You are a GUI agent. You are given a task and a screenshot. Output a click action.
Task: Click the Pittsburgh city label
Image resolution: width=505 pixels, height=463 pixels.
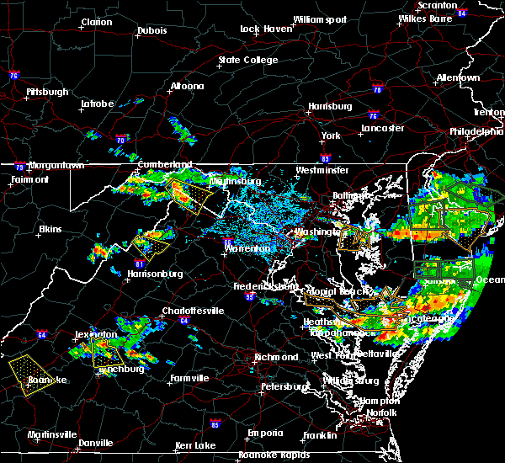[47, 92]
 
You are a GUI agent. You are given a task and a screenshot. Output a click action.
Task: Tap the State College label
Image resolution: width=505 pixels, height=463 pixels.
[247, 61]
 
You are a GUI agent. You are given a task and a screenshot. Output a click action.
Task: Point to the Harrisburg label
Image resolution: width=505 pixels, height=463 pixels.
[329, 107]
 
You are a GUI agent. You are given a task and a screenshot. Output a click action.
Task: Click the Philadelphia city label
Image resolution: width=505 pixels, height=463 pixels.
[476, 131]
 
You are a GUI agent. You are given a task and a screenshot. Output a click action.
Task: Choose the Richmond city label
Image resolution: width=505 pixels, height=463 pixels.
[277, 357]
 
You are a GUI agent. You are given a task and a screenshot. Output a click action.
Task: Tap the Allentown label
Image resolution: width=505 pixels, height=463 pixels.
[458, 78]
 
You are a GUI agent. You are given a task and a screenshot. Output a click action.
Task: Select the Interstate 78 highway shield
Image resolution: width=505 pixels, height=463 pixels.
[377, 90]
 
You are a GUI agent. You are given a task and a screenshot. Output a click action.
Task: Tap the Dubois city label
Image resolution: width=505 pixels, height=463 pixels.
[151, 31]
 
